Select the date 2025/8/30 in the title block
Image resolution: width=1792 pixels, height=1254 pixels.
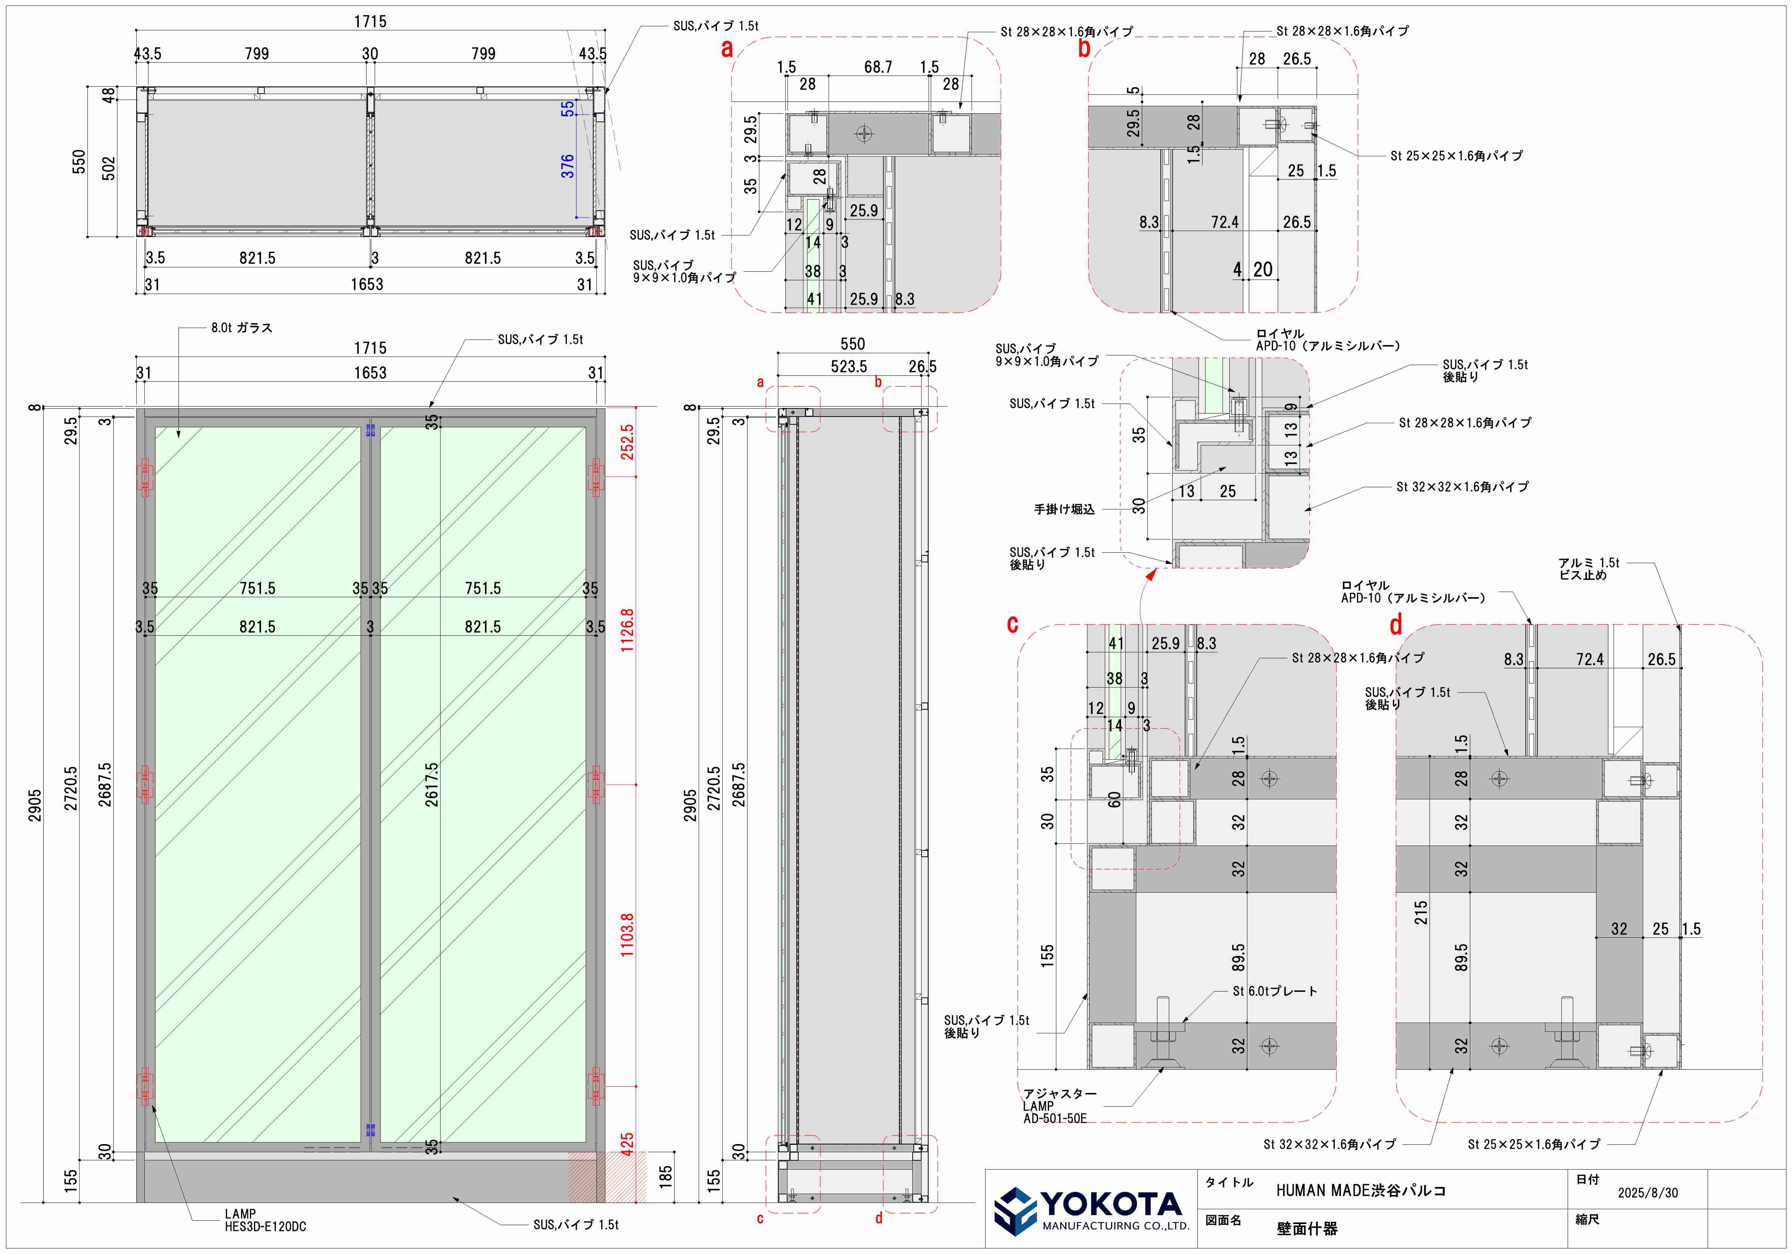[1648, 1192]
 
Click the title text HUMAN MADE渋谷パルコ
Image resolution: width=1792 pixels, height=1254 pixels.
[1360, 1190]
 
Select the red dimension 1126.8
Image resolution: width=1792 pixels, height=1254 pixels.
[627, 630]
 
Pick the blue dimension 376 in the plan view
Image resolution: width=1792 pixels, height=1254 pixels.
[568, 165]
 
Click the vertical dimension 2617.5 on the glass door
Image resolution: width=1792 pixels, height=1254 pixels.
[432, 784]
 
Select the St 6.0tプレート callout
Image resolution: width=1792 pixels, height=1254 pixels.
[1274, 991]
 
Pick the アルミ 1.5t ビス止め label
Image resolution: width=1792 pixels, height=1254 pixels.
[1588, 569]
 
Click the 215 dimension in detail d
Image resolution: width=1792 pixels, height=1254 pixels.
[1421, 912]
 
